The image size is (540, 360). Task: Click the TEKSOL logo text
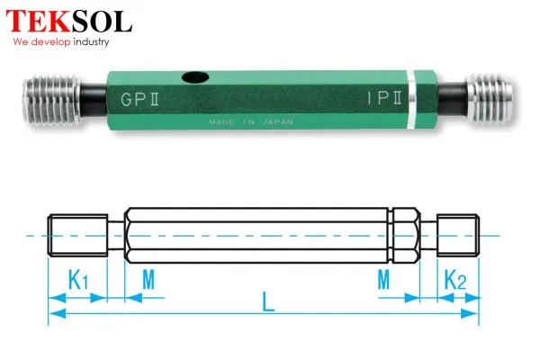pyautogui.click(x=69, y=22)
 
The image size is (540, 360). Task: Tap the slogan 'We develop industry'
pyautogui.click(x=61, y=42)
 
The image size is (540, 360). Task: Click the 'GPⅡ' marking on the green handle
pyautogui.click(x=139, y=99)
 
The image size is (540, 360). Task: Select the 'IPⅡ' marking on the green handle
pyautogui.click(x=384, y=98)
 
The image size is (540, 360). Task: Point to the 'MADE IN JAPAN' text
pyautogui.click(x=251, y=122)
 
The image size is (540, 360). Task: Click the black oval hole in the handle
pyautogui.click(x=195, y=77)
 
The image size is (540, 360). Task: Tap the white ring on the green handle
pyautogui.click(x=410, y=100)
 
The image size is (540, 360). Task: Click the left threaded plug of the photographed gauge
pyautogui.click(x=51, y=99)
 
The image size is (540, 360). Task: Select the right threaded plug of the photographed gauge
pyautogui.click(x=490, y=98)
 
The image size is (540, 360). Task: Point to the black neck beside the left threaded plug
pyautogui.click(x=94, y=100)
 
